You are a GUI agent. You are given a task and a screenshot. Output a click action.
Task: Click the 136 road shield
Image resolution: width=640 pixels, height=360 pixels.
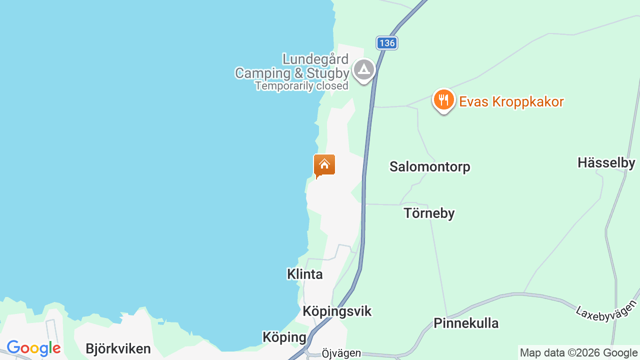(386, 43)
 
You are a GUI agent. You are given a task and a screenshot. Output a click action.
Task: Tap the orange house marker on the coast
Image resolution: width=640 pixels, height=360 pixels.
(324, 165)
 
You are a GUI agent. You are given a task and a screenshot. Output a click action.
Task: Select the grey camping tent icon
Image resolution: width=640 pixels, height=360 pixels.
(363, 70)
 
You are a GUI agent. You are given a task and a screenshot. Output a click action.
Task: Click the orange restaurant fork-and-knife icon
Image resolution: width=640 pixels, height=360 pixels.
(443, 100)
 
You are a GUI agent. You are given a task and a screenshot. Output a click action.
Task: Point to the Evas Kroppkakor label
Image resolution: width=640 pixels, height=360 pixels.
(511, 102)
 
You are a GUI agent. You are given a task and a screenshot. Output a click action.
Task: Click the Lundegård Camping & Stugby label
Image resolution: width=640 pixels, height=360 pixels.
(292, 66)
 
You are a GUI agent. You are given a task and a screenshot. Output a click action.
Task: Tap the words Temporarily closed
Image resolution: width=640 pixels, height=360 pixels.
(301, 86)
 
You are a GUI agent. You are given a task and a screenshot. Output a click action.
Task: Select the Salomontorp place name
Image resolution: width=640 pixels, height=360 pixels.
(429, 166)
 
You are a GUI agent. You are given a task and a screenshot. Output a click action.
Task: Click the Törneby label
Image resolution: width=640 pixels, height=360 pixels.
(429, 213)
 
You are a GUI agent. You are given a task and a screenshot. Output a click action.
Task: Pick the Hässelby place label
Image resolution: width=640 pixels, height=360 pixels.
(606, 162)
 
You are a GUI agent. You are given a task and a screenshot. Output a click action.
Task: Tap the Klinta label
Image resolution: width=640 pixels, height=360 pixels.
(304, 274)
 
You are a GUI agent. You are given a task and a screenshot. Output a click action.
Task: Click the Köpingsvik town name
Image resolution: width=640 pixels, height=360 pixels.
(337, 311)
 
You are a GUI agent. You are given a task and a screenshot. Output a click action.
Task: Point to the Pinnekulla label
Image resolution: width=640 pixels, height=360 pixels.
(466, 323)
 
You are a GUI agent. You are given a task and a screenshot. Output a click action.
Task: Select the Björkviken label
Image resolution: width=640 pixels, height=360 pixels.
(118, 348)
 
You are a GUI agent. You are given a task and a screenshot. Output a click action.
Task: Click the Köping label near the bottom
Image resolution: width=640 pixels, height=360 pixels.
(284, 337)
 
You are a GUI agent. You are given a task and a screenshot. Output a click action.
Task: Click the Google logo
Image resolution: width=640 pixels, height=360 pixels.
(33, 348)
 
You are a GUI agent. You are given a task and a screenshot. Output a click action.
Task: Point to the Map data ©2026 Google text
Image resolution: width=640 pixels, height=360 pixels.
(578, 353)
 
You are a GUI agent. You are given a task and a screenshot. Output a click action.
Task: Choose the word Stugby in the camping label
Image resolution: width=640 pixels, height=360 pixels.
(328, 73)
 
